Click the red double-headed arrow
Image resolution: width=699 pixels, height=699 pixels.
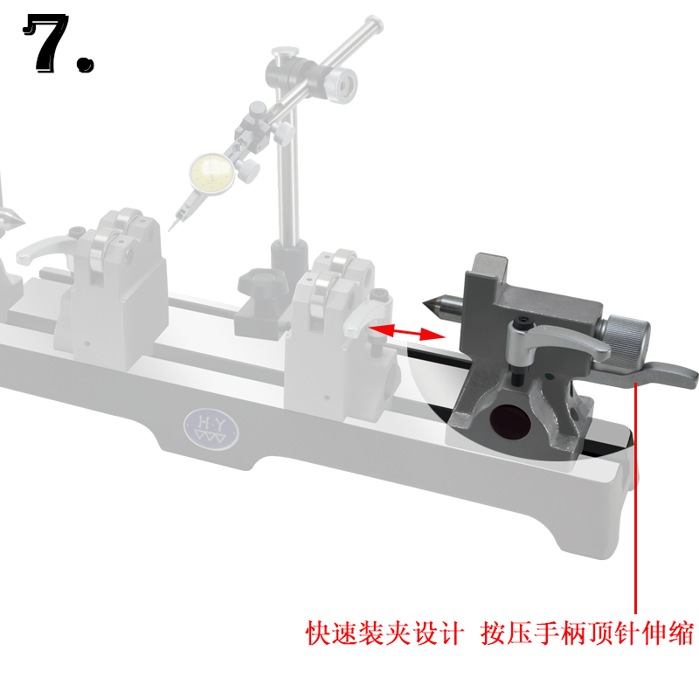point(403,331)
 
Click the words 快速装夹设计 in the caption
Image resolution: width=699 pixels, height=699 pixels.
point(383,633)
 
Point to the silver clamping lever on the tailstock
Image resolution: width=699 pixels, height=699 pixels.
point(559,342)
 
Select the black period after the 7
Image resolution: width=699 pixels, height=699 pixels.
point(85,63)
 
